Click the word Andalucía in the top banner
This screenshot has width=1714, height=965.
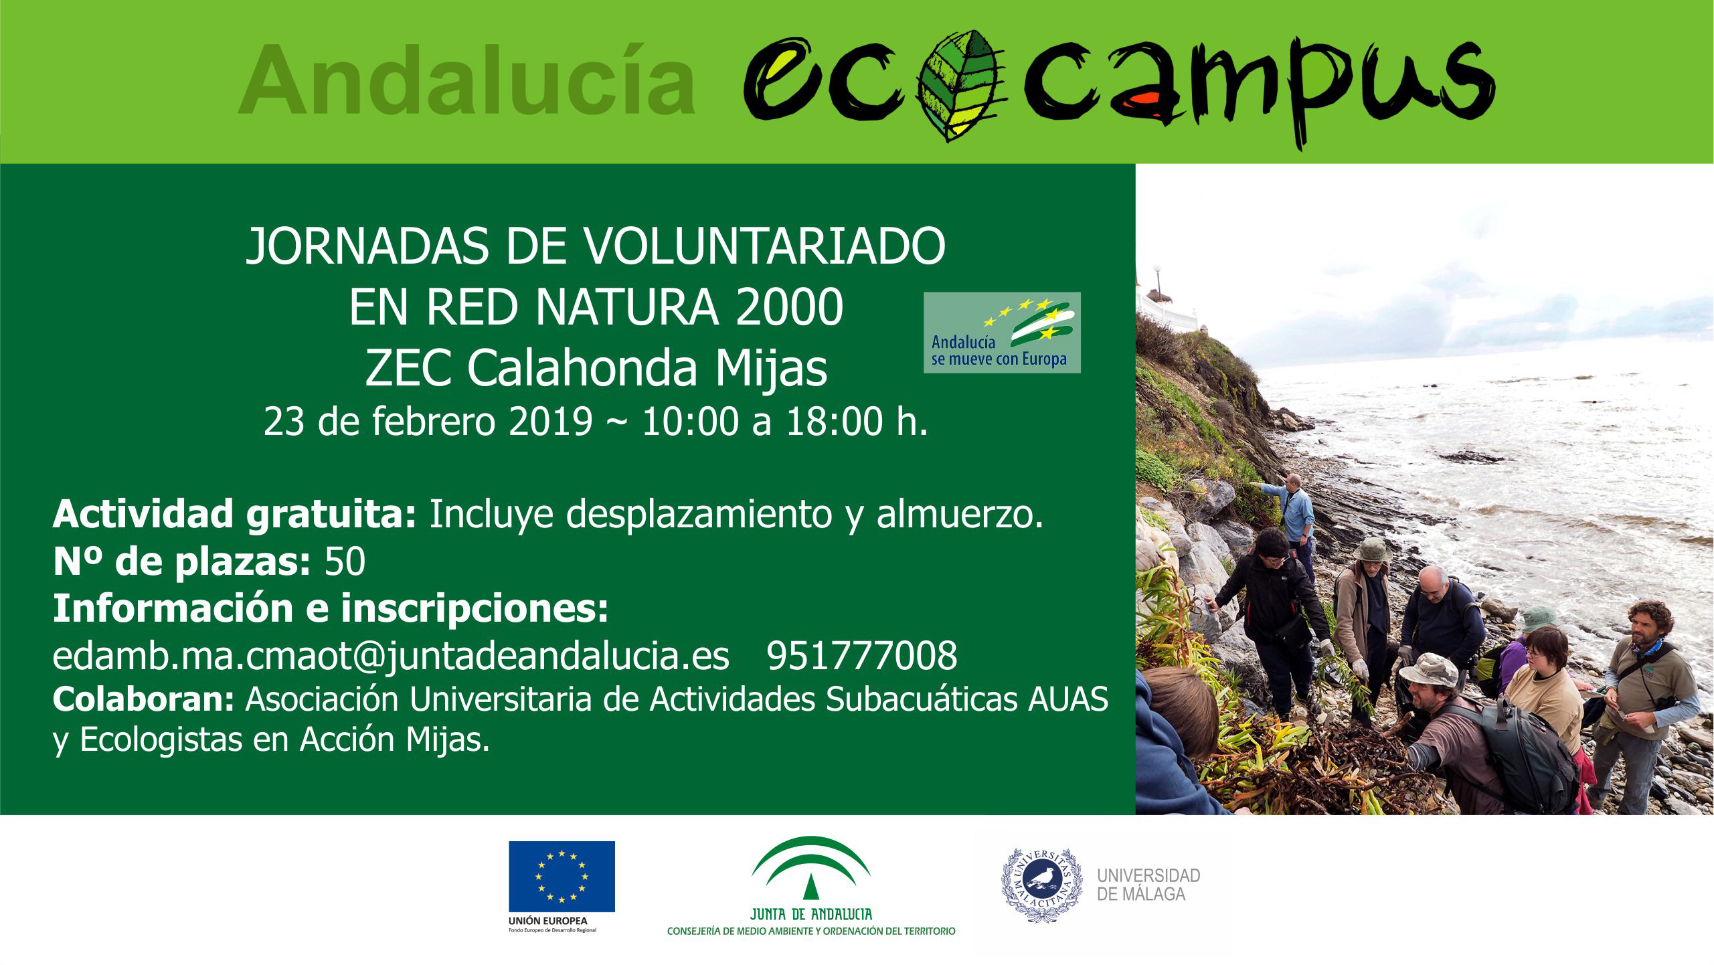468,80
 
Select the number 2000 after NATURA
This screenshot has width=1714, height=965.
789,307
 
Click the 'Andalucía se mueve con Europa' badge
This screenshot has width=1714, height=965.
1002,333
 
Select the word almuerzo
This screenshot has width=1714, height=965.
959,514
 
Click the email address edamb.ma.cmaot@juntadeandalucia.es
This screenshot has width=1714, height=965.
391,656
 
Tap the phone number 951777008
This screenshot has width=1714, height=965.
861,656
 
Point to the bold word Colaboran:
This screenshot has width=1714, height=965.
143,699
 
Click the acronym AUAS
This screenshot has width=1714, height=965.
1068,699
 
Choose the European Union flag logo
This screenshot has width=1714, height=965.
562,877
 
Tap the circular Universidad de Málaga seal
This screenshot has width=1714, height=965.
1041,885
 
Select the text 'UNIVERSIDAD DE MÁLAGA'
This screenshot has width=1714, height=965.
1148,885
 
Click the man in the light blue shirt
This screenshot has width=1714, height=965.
1294,515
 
